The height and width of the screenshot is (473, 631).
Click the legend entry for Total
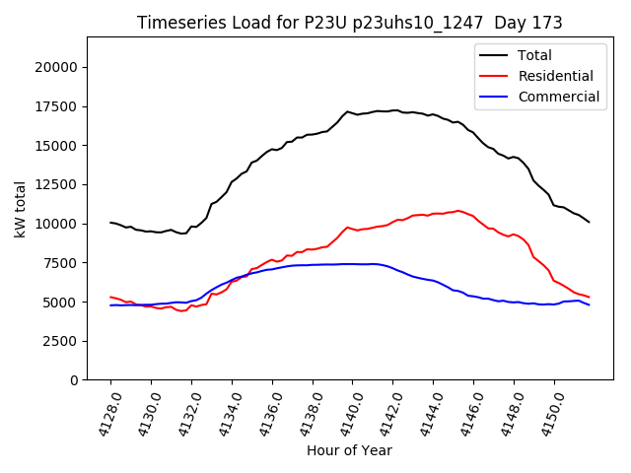(x=534, y=55)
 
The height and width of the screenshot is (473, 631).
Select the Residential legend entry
(x=555, y=76)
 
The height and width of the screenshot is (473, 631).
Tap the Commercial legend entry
(x=558, y=97)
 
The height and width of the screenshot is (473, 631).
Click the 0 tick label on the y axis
(x=74, y=380)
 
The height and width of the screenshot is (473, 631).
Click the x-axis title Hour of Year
(x=349, y=450)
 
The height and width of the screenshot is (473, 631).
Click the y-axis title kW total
(x=21, y=208)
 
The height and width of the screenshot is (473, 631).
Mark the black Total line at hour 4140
(x=353, y=113)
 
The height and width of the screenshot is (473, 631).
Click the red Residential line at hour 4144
(x=434, y=213)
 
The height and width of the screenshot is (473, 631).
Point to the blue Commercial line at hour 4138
(x=313, y=264)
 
